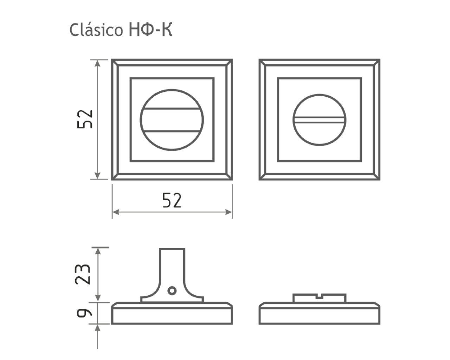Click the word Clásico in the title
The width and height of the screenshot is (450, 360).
[96, 30]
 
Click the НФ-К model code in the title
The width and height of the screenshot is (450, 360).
[150, 30]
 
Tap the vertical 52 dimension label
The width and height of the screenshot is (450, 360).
[85, 119]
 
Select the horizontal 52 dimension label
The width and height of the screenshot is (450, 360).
[172, 200]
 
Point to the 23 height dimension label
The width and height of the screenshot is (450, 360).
[83, 274]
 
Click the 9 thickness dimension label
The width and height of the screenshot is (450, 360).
[84, 313]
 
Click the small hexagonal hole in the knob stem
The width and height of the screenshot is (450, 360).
[172, 291]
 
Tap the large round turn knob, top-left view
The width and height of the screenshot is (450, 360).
[172, 120]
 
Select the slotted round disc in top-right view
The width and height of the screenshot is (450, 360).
[319, 120]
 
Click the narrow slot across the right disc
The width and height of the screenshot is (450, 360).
[319, 120]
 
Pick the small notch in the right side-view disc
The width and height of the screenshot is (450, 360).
[319, 296]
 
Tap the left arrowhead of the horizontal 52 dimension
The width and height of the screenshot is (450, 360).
[116, 212]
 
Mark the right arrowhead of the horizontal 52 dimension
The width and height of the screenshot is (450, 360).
[229, 212]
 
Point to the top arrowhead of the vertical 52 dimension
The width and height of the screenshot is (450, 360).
[97, 63]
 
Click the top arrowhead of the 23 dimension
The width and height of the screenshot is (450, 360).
[98, 251]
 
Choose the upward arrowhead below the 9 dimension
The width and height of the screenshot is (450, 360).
[97, 328]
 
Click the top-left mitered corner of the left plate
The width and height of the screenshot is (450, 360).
[115, 63]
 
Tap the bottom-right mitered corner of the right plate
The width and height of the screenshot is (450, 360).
[377, 177]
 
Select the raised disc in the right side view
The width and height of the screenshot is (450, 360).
[319, 298]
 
